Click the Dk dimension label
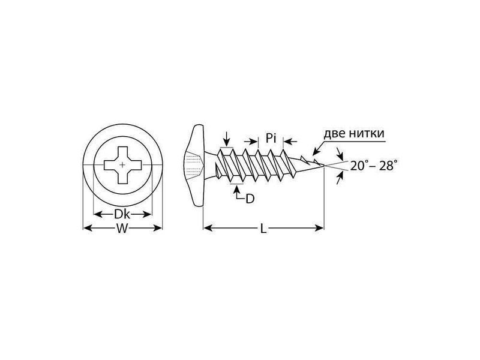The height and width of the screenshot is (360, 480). click(122, 214)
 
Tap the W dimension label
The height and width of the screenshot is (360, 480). click(122, 229)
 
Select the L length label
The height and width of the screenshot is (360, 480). click(263, 229)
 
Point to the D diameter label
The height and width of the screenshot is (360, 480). click(250, 199)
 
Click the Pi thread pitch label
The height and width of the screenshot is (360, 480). click(271, 138)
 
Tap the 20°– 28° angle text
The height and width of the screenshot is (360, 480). click(374, 166)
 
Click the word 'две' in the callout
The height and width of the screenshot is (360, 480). click(334, 134)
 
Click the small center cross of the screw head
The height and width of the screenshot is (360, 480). click(122, 165)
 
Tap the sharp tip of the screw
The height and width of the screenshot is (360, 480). click(324, 166)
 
